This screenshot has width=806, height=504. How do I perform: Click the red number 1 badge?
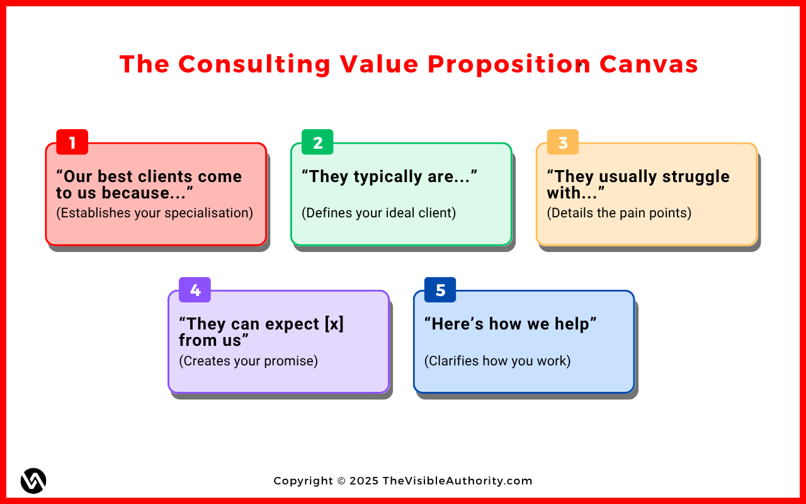(x=72, y=142)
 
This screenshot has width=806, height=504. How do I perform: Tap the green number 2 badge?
(x=317, y=142)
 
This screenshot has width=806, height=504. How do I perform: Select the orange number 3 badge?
(x=563, y=142)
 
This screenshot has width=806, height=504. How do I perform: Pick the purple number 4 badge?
(x=195, y=290)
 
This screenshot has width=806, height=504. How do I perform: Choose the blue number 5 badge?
(x=440, y=290)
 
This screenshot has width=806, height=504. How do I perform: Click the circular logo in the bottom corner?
(x=33, y=481)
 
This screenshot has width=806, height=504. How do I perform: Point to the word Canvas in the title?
(x=649, y=64)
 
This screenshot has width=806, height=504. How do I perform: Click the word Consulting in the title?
(x=254, y=64)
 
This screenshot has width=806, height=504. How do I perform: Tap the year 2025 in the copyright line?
(x=364, y=481)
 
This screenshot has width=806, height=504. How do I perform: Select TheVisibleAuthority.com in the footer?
(x=457, y=481)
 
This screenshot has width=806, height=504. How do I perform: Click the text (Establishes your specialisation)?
(x=155, y=213)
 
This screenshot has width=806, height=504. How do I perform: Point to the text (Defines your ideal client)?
(x=378, y=213)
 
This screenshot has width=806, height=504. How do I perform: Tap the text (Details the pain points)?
(x=619, y=213)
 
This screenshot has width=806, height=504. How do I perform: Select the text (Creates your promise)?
(x=248, y=361)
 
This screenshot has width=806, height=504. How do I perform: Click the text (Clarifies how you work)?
(x=497, y=361)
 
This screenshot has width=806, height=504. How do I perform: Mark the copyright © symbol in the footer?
(x=341, y=481)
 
